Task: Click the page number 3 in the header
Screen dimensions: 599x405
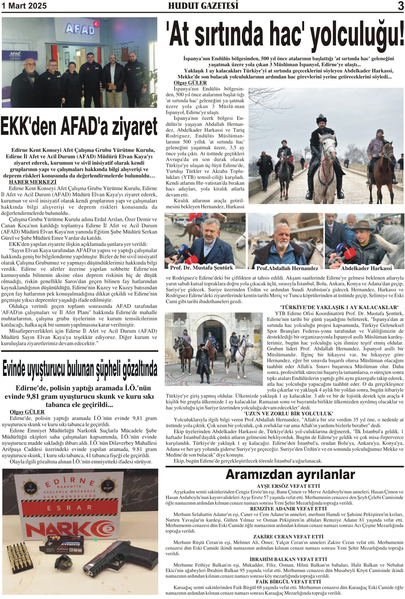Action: point(400,6)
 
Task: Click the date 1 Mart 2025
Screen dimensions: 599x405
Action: point(24,6)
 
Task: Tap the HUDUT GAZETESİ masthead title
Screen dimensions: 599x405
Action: point(203,6)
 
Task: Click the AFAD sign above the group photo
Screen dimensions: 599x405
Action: point(80,29)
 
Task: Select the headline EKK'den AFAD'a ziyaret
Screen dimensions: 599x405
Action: point(79,127)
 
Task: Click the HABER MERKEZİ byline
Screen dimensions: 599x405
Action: point(33,182)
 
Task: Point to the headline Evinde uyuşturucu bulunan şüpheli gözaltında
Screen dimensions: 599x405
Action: point(79,369)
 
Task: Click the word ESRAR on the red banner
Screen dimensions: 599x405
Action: point(69,508)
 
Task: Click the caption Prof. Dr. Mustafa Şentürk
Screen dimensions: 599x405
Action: point(201,267)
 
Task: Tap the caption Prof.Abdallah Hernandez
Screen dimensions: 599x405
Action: point(287,268)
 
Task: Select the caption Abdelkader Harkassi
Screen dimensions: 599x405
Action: point(366,268)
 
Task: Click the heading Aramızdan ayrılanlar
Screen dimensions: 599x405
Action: point(290,475)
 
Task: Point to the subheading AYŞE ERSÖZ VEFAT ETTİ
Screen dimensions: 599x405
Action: point(288,486)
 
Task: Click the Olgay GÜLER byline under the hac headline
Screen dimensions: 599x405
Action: point(190,83)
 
